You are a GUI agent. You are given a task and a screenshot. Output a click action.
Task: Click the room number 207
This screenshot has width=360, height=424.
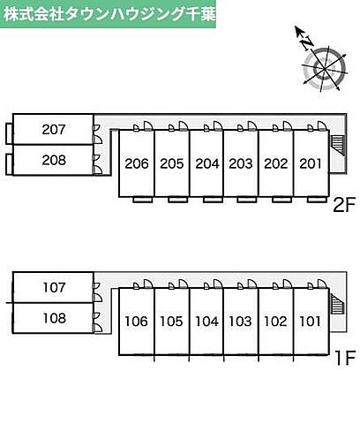pos(54,130)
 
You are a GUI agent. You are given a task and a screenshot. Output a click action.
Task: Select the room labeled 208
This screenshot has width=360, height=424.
pos(54,160)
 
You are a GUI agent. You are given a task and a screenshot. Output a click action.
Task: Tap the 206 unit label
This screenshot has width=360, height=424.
pos(137,163)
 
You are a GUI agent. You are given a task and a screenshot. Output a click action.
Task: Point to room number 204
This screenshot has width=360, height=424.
pos(207,163)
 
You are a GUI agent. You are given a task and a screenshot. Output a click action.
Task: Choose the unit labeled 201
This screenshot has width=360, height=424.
pos(311,163)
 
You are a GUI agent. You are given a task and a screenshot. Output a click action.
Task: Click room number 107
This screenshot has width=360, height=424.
pos(54,287)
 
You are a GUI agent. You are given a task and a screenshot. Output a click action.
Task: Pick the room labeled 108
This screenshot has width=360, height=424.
pos(55,318)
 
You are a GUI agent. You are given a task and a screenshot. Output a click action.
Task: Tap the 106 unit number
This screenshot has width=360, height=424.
pos(136,322)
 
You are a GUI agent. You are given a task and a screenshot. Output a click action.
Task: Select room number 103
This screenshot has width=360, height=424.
pos(240,322)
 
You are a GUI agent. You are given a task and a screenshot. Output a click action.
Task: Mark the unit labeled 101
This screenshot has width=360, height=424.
pos(311,322)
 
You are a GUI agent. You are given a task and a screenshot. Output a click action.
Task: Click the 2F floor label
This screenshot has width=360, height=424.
pos(344,205)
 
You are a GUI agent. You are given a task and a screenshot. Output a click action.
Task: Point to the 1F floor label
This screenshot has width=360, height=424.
pos(346,358)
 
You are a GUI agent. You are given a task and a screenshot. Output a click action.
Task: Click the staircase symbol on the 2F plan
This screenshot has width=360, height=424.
pos(337,145)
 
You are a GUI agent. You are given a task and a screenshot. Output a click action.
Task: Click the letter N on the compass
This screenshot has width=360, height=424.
pos(307,42)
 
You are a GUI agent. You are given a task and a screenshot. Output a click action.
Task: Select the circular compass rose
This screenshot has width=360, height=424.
pos(325,69)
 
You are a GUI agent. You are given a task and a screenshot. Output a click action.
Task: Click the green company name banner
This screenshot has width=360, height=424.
pos(108,14)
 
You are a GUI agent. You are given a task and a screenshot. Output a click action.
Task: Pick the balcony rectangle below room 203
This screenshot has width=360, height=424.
pos(247,200)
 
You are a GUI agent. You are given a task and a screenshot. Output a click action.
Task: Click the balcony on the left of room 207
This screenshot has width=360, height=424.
pos(10,133)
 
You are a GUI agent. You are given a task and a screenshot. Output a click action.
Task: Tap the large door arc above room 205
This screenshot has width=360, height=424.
pos(184,125)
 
